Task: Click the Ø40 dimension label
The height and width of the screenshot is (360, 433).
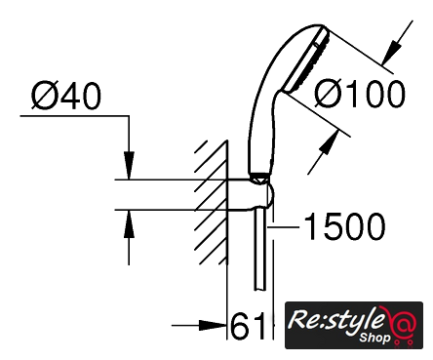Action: coord(66,96)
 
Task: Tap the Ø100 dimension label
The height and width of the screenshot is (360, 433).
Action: coord(360,94)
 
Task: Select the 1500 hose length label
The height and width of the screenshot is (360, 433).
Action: coord(344,226)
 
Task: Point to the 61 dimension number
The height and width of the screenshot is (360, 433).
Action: coord(247,326)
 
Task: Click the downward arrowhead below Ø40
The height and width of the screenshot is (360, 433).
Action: coord(129,165)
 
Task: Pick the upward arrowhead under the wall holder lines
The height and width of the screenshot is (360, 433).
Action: coord(129,224)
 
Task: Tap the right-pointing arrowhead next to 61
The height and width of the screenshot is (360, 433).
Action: coord(213,325)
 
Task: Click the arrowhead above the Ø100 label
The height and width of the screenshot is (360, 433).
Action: coord(391,52)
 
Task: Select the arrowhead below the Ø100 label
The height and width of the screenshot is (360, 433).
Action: coord(328,143)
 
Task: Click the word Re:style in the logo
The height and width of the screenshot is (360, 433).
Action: coord(335,319)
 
